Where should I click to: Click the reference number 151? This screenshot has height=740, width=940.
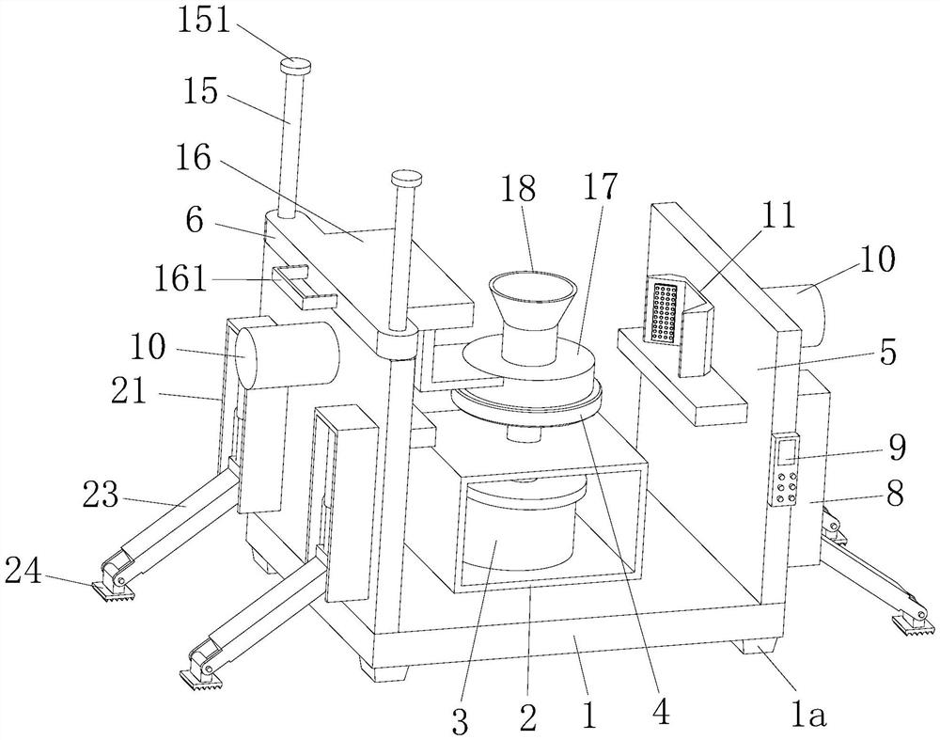click(203, 23)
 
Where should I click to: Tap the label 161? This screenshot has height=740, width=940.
click(180, 279)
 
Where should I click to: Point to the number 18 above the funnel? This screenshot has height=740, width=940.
click(518, 189)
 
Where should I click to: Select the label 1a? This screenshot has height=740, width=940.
click(807, 715)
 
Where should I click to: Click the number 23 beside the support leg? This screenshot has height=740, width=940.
click(101, 496)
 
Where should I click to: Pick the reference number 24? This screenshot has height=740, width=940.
click(23, 572)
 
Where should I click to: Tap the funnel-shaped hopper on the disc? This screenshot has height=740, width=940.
click(532, 317)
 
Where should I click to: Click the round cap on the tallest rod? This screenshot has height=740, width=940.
click(295, 64)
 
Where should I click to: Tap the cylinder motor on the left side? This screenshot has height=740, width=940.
click(287, 355)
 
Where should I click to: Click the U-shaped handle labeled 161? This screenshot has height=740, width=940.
click(304, 286)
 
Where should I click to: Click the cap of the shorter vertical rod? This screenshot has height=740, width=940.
click(406, 179)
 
